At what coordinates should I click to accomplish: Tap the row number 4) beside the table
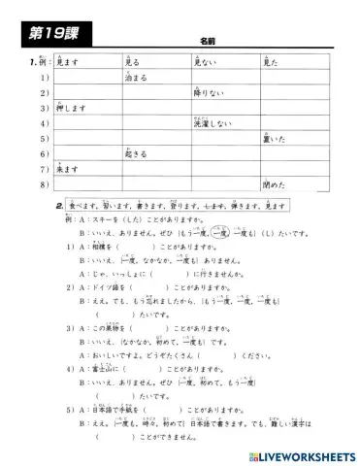(44, 124)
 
